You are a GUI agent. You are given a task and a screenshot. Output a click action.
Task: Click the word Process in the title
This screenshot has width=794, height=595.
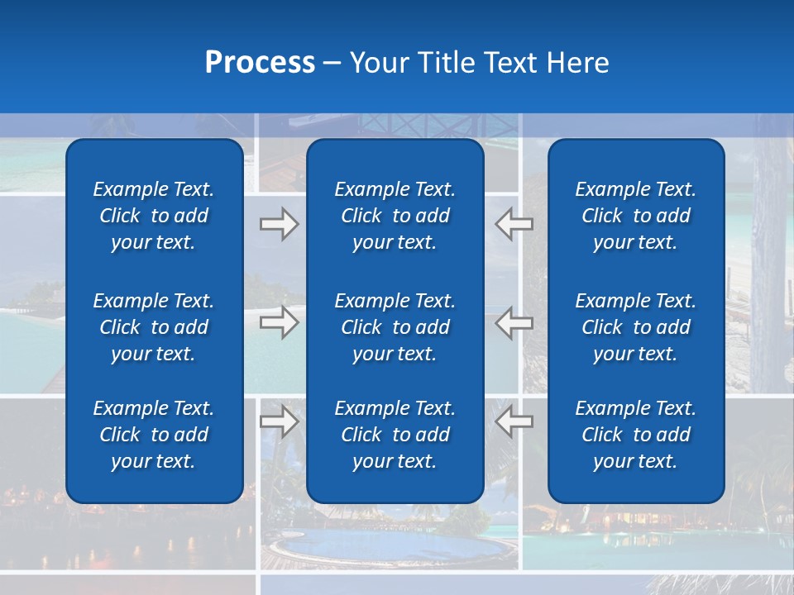tap(260, 63)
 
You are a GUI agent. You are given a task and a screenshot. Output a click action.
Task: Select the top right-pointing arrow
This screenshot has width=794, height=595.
tap(279, 224)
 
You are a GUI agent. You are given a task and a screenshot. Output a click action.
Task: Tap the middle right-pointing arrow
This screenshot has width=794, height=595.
tap(279, 322)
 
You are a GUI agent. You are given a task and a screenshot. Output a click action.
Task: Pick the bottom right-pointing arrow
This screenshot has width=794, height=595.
tap(279, 421)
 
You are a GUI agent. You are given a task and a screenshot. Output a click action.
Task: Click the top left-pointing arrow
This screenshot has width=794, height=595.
tap(514, 224)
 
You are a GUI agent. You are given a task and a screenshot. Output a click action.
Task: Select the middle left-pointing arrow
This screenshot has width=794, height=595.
tap(514, 322)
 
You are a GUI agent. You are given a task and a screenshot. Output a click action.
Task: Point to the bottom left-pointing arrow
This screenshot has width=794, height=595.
tap(514, 421)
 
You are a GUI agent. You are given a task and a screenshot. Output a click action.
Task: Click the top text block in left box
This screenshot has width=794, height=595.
tap(154, 216)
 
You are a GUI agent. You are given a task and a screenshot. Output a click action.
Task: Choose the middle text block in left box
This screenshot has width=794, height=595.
tap(154, 327)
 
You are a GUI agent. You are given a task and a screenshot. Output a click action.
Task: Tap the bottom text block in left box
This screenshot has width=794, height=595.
tap(154, 435)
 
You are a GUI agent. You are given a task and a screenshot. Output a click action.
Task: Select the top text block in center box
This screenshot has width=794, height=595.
tap(395, 216)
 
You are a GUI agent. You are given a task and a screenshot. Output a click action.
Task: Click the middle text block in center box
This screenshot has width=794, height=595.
tap(395, 327)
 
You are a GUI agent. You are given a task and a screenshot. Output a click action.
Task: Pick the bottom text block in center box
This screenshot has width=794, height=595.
tap(395, 435)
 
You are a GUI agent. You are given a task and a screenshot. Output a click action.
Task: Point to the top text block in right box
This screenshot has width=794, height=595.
tap(636, 216)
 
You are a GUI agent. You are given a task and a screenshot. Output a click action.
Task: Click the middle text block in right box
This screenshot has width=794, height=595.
tap(636, 327)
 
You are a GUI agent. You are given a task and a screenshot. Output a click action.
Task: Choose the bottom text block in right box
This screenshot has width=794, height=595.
tap(636, 435)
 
